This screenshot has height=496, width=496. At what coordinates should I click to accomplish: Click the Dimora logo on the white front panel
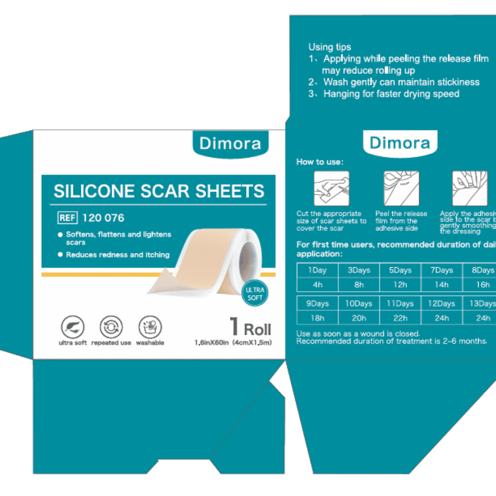tap(230, 144)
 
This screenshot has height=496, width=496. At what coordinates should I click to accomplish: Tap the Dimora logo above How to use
tap(400, 143)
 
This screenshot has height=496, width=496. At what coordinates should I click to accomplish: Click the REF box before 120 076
tap(67, 218)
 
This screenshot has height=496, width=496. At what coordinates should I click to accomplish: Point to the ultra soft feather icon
tap(72, 327)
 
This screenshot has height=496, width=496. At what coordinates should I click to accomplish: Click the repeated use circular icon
tap(111, 327)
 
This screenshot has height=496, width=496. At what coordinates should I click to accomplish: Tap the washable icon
tap(150, 327)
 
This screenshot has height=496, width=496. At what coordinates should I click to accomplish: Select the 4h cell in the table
tap(317, 285)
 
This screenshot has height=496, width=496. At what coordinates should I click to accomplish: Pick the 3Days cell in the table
tap(359, 270)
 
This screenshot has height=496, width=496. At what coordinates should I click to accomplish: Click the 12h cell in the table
tap(400, 285)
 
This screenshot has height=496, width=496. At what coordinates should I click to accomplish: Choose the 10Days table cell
tap(359, 304)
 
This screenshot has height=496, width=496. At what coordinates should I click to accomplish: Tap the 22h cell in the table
tap(400, 318)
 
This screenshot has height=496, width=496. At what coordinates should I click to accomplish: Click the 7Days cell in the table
tap(441, 270)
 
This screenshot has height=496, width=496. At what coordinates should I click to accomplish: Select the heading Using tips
tap(329, 47)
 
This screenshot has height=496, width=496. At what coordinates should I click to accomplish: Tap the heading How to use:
tap(320, 162)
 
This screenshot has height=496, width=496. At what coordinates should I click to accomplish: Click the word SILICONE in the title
tap(94, 191)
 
